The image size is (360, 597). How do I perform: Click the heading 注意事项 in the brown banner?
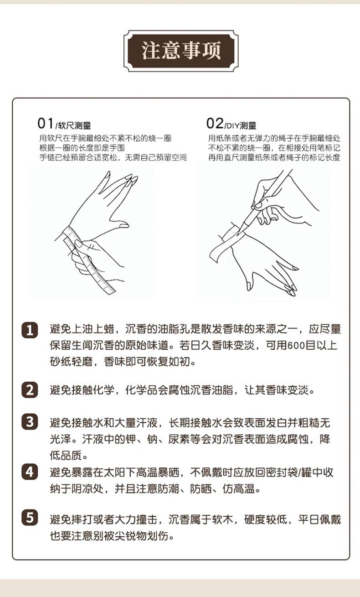coord(181,51)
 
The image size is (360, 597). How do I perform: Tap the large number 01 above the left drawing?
coord(46,124)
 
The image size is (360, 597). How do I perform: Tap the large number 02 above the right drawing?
coord(215,124)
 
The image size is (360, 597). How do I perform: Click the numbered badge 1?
coord(30,330)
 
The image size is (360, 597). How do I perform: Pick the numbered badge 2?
coord(30,390)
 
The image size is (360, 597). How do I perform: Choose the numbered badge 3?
coord(30,422)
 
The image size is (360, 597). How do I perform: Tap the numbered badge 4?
coord(30,472)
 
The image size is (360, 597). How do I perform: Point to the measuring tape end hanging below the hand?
coord(112,291)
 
